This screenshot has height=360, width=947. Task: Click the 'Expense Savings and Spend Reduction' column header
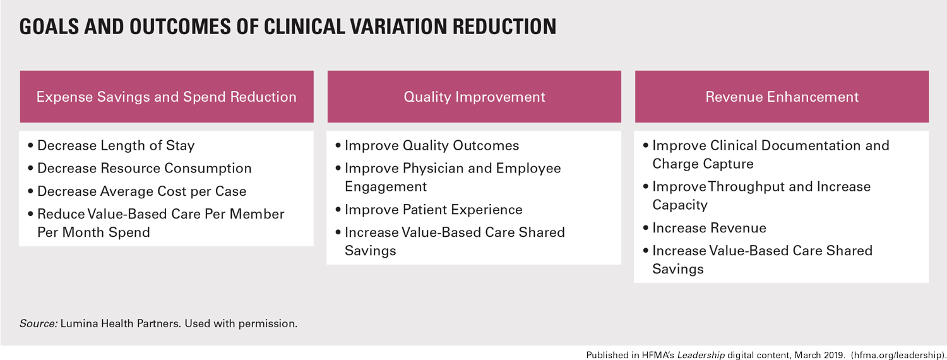(166, 97)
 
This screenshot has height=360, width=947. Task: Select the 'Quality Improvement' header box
(474, 97)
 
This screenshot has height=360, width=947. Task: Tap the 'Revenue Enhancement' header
(782, 97)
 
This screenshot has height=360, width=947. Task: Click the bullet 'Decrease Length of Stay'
(116, 145)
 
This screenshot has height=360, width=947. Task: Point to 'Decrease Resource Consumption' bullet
(144, 168)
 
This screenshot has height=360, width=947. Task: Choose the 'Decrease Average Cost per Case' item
(141, 191)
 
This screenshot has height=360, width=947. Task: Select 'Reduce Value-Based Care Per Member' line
(160, 214)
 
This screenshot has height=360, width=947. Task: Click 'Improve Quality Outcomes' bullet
(431, 145)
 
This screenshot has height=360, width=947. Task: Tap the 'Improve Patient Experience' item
(433, 209)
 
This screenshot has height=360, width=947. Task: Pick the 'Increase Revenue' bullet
(709, 228)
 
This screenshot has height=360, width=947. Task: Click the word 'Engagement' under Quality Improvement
(386, 186)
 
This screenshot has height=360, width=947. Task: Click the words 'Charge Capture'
(703, 164)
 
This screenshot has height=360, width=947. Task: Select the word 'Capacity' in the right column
(680, 205)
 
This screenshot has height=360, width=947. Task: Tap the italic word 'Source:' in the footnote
(39, 323)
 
